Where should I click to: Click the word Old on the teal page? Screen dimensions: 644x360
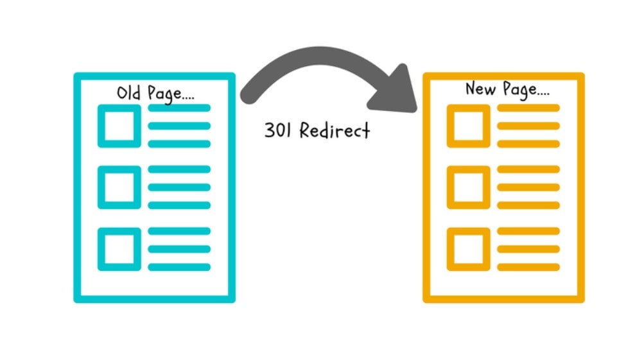tap(128, 93)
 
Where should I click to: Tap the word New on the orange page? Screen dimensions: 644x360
tap(480, 89)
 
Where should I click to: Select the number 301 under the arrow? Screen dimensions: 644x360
tap(277, 130)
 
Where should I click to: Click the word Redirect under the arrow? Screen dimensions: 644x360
tap(335, 130)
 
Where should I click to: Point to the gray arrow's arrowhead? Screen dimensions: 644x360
tap(395, 92)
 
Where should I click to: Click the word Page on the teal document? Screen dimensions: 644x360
tap(164, 94)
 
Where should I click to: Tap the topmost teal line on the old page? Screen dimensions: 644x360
tap(179, 108)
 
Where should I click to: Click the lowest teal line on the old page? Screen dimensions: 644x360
tap(179, 267)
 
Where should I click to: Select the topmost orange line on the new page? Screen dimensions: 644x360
tap(528, 108)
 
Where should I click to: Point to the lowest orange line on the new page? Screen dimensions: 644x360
tap(528, 267)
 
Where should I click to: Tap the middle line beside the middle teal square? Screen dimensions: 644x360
tap(179, 187)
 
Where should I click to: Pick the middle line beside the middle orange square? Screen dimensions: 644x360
tap(528, 187)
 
